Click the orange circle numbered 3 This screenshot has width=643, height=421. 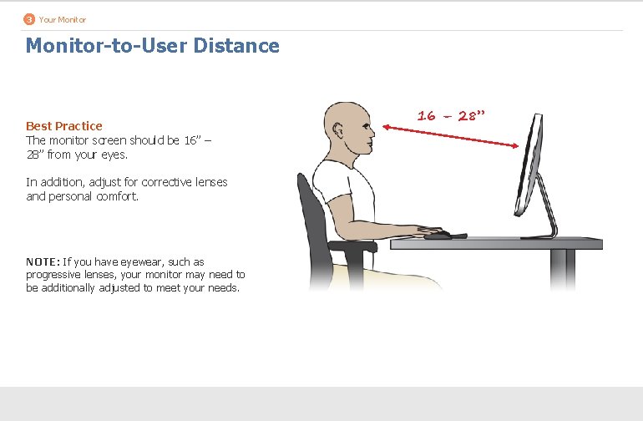pos(29,18)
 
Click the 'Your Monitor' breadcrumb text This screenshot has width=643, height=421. pos(63,19)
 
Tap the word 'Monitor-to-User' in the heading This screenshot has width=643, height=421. pos(106,45)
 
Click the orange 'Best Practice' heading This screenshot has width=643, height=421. pos(64,126)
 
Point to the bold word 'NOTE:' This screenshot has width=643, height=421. pos(43,261)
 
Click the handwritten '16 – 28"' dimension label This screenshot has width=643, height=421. pos(452,115)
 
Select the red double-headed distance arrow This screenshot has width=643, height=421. pos(451,137)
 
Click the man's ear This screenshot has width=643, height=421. pos(337,131)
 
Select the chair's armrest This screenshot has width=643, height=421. pos(347,246)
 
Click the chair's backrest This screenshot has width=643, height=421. pos(309,209)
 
